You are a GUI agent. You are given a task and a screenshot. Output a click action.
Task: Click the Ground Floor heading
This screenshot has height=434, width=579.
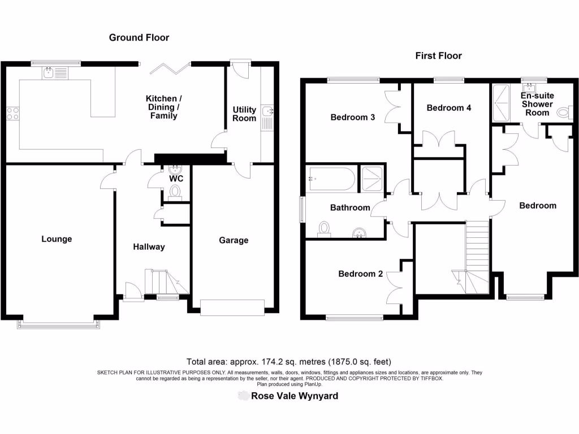[139, 38]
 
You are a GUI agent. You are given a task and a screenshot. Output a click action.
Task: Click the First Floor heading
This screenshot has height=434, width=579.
[438, 55]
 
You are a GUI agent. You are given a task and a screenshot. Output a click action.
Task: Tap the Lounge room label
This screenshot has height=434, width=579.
[57, 239]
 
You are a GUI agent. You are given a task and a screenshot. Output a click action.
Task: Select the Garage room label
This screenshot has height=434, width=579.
[234, 240]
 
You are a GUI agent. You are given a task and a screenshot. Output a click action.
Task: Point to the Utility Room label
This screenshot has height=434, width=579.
[244, 114]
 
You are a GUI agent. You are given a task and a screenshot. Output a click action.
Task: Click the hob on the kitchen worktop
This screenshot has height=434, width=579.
[12, 112]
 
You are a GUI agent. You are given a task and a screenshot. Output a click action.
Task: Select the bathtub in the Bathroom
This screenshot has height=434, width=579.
[331, 180]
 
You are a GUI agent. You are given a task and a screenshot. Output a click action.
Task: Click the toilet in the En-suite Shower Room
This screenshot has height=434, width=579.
[564, 113]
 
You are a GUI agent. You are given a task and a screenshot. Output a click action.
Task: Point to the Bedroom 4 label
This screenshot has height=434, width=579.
[449, 107]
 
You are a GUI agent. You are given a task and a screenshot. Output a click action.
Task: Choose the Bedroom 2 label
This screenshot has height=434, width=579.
[361, 274]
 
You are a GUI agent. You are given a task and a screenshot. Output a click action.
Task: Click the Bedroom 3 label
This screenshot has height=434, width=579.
[353, 118]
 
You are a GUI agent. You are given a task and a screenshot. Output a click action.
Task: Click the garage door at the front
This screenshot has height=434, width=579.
[232, 307]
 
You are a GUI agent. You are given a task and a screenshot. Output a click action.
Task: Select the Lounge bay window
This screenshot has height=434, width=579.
[59, 324]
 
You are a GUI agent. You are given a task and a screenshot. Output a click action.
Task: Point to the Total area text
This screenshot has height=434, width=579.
[289, 362]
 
